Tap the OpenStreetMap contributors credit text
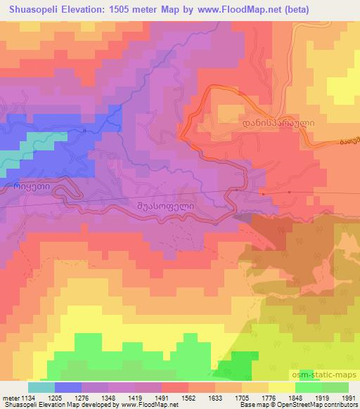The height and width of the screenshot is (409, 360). click(318, 405)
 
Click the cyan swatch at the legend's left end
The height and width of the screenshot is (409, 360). click(41, 387)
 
